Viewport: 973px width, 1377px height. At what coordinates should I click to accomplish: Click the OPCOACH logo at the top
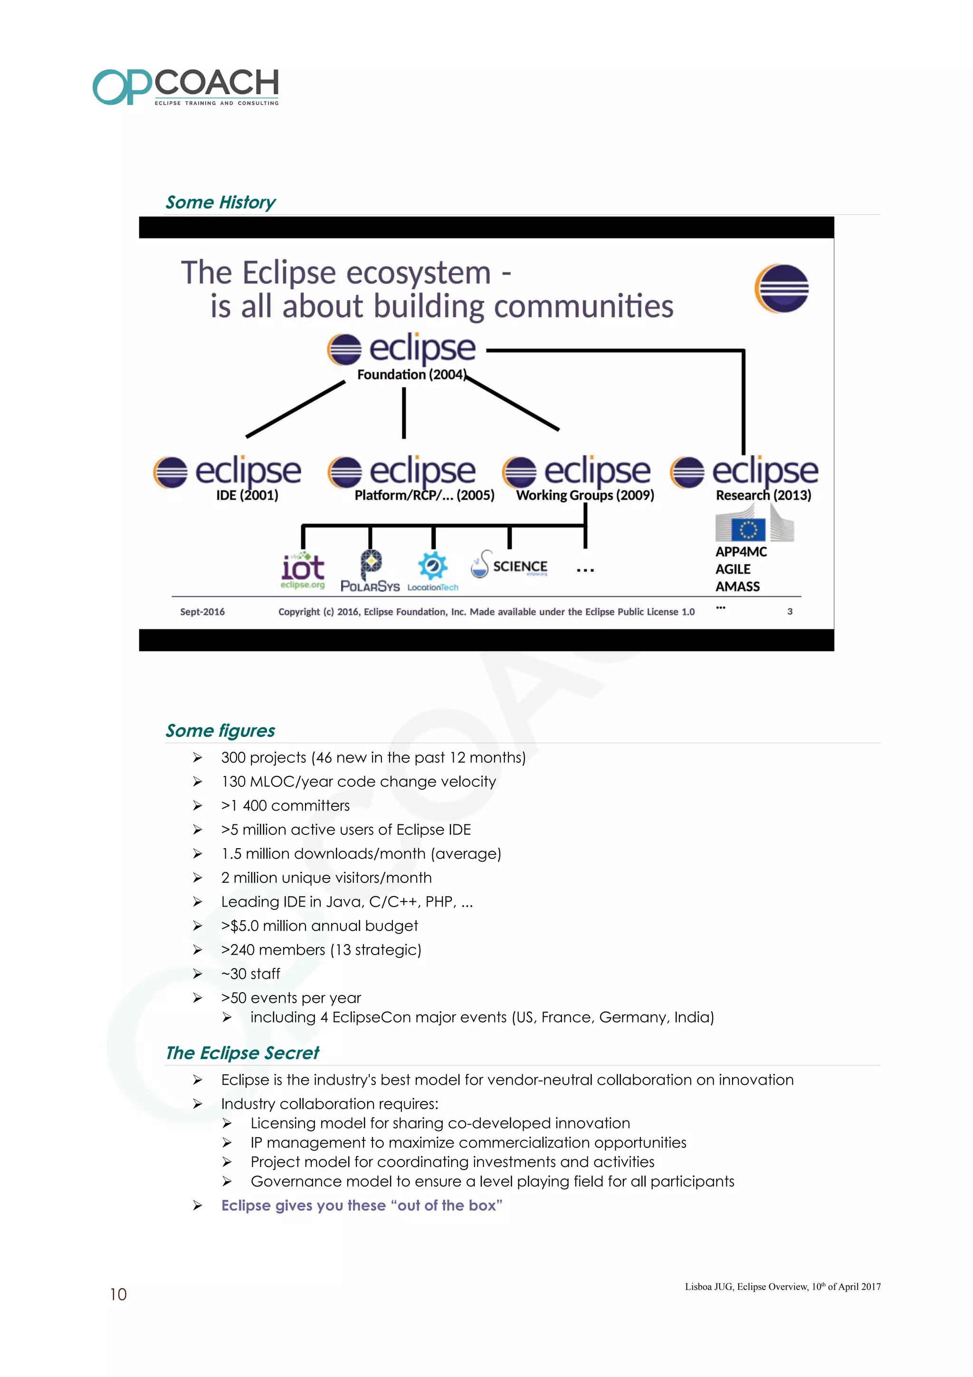(x=186, y=87)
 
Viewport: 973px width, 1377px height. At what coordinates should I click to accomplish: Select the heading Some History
(x=220, y=202)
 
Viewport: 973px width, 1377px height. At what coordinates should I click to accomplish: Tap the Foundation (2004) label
(x=411, y=375)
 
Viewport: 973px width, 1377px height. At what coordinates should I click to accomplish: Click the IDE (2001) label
(x=247, y=496)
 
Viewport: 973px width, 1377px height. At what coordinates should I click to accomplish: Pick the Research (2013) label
(x=763, y=496)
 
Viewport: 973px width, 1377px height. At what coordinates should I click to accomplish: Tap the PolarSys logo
(x=370, y=572)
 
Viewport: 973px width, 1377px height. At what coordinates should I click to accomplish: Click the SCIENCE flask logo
(x=510, y=565)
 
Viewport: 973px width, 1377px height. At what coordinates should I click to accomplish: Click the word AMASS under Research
(x=737, y=586)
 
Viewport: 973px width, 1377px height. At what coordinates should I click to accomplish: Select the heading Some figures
(x=220, y=730)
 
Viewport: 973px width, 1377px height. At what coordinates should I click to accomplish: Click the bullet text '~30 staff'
(x=250, y=974)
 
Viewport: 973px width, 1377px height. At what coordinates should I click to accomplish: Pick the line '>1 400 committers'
(x=286, y=805)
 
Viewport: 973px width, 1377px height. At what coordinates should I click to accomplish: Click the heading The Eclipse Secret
(x=242, y=1053)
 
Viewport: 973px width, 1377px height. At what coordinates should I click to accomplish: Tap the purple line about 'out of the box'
(x=362, y=1205)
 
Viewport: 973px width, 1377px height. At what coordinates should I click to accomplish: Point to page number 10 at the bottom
(x=118, y=1295)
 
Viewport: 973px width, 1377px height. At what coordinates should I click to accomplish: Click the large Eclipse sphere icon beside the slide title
(x=781, y=288)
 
